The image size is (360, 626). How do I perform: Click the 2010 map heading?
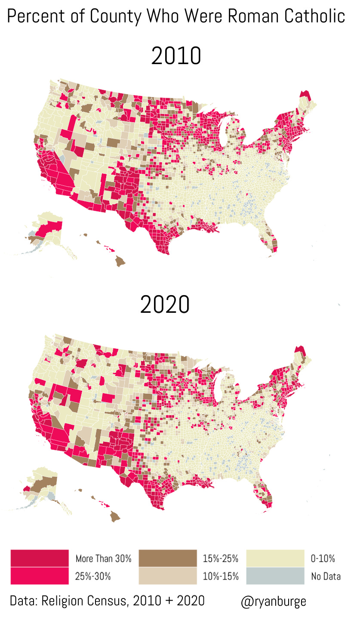(176, 56)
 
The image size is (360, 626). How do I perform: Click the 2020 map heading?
(165, 305)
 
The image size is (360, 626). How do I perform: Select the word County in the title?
(115, 16)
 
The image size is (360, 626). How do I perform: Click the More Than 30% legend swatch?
(39, 558)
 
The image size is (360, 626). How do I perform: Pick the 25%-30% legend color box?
(39, 576)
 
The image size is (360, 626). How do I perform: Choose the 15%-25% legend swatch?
(168, 558)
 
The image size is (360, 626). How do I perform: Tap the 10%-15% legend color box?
(168, 576)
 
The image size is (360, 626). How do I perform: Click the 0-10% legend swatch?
(275, 558)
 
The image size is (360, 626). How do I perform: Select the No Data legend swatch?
(275, 576)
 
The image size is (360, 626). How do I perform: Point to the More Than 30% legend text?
(103, 559)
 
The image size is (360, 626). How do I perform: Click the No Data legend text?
(326, 577)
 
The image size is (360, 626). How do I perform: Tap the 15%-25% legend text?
(221, 559)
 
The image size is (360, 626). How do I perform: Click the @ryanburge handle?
(274, 601)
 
